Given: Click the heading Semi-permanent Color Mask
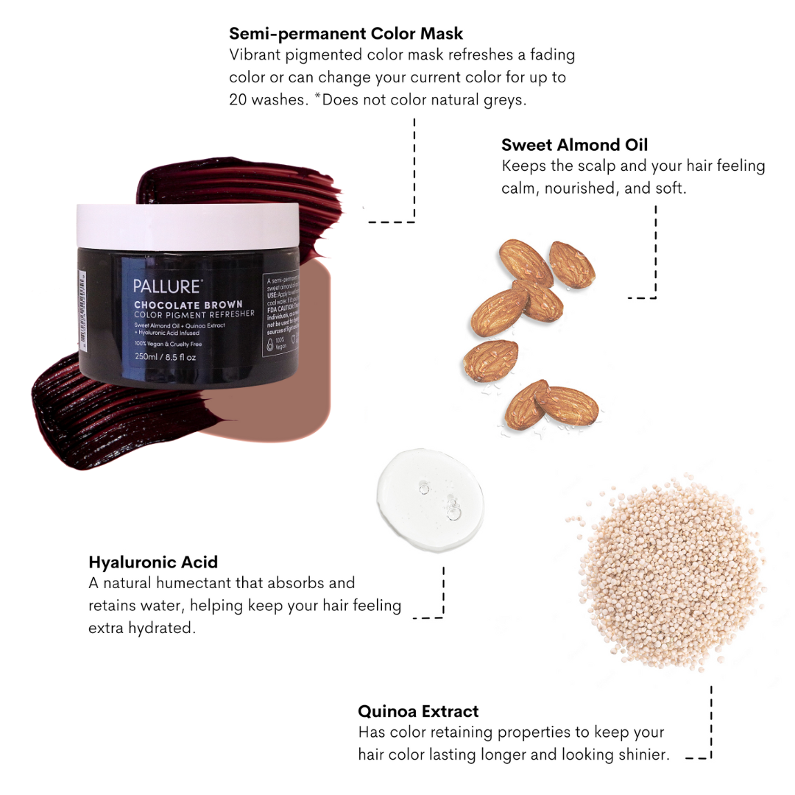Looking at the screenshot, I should click(x=346, y=33).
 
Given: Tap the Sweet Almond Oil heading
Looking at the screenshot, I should click(x=574, y=144).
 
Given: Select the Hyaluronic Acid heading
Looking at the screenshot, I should click(x=153, y=562).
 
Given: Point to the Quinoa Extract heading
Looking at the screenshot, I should click(x=418, y=711).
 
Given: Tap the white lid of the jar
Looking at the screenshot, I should click(x=188, y=226).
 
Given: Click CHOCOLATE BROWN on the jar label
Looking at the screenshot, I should click(x=188, y=304).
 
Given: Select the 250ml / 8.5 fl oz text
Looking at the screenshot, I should click(x=166, y=357).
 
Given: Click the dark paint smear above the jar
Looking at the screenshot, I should click(x=243, y=180).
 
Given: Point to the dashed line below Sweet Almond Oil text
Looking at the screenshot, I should click(x=654, y=254).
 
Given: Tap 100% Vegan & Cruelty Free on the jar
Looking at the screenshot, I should click(x=180, y=344).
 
